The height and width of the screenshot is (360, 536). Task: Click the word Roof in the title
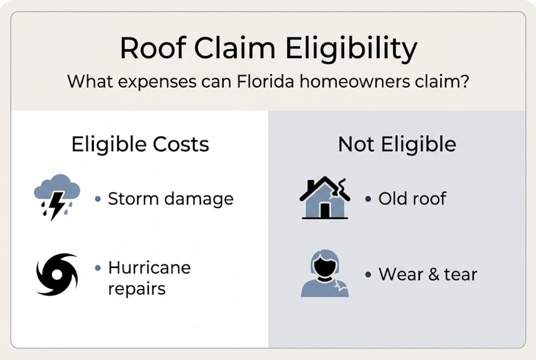coord(152,49)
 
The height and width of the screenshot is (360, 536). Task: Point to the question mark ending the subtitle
coord(464,80)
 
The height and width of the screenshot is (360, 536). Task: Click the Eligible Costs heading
coord(140,144)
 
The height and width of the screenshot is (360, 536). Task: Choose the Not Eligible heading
coord(397,144)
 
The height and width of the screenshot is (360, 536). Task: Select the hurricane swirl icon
coord(57,274)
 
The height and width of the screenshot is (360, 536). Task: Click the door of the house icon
coord(325,210)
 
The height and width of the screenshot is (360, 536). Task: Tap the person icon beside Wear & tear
coord(325,274)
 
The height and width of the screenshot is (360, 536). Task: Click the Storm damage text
coord(171,199)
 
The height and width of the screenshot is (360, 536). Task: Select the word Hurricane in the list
coord(149,267)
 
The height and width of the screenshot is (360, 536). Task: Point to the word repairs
coord(137,288)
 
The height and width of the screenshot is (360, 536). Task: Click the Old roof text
coord(412,198)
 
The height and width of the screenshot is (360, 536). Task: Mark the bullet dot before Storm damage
coord(98,199)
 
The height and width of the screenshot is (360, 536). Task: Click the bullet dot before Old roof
coord(368,199)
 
